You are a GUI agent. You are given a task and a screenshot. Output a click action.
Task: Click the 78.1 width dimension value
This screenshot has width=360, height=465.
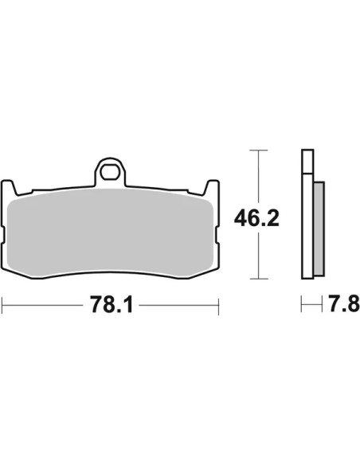coord(112,304)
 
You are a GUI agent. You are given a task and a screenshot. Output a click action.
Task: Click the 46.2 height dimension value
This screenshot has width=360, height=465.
coord(256,218)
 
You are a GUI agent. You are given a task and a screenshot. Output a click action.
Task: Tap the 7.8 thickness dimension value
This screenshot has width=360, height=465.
coord(344,304)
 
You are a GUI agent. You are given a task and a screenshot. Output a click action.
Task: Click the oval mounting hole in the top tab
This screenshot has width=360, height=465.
coord(110,171)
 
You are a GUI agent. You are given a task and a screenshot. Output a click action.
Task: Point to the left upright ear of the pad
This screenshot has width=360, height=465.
coord(8,187)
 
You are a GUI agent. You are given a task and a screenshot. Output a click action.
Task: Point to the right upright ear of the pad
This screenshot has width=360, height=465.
coord(212,187)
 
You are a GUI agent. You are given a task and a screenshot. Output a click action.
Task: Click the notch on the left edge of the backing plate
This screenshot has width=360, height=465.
coord(3,235)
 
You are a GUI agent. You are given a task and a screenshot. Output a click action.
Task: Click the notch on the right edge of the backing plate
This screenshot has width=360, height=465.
coord(217,235)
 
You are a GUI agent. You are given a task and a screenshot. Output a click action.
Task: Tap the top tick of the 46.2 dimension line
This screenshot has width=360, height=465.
coord(259,150)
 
